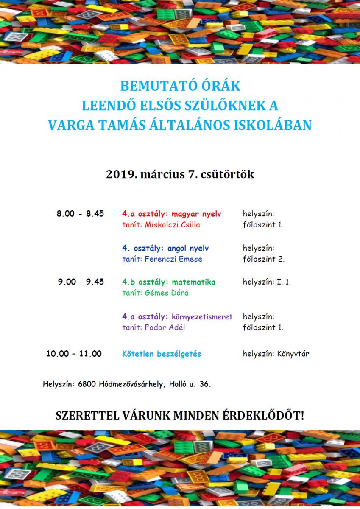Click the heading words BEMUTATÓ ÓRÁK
[x=180, y=86]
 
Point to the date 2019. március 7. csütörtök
[x=180, y=174]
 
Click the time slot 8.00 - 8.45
[x=80, y=214]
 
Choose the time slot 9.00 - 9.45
[x=81, y=282]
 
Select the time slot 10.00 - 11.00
[x=74, y=354]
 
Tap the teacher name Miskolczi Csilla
[x=172, y=225]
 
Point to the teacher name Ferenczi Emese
[x=173, y=259]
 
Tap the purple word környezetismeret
[x=202, y=316]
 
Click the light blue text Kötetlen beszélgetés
[x=162, y=354]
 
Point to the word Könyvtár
[x=293, y=354]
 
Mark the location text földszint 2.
[x=263, y=259]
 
